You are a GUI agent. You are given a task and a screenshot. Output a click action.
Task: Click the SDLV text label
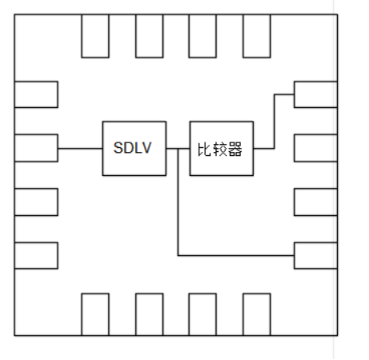(132, 148)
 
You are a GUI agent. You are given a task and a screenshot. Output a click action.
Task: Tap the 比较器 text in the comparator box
(220, 150)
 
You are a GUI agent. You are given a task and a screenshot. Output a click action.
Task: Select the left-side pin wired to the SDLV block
(36, 148)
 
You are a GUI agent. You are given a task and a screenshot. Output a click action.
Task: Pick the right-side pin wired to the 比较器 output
(315, 94)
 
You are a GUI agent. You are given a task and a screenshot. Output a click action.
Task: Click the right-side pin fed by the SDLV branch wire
(315, 256)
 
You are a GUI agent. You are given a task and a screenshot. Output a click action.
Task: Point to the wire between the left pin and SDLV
(80, 148)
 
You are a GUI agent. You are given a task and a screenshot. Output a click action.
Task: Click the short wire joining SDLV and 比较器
(178, 149)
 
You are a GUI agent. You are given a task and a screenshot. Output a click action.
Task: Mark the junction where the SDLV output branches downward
(178, 149)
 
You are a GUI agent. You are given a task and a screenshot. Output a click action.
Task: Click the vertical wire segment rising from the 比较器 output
(274, 122)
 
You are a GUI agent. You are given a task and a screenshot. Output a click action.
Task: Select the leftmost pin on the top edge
(95, 36)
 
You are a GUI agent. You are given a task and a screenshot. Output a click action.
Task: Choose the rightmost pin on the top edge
(257, 36)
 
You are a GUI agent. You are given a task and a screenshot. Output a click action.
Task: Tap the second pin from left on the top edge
(150, 36)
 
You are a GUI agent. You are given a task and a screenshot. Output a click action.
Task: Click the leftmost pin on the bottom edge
(95, 314)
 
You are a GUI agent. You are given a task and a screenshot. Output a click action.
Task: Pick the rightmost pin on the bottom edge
(257, 314)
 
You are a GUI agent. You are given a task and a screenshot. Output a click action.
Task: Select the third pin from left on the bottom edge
(203, 314)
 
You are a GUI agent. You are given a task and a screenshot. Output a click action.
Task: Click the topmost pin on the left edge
(36, 94)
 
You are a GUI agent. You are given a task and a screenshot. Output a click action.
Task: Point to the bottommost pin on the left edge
(36, 256)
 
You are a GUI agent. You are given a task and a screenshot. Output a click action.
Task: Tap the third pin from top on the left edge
(36, 202)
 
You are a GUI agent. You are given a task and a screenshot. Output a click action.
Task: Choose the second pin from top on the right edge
(315, 148)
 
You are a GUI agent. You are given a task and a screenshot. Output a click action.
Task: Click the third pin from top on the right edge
(315, 202)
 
